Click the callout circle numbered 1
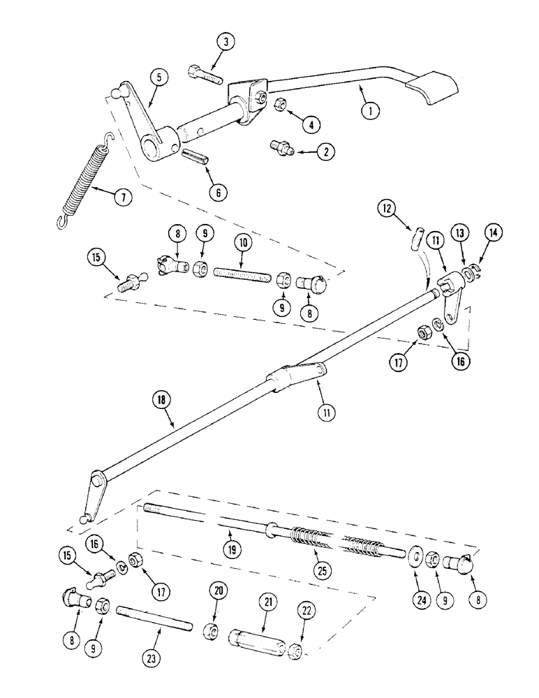click(x=371, y=109)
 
